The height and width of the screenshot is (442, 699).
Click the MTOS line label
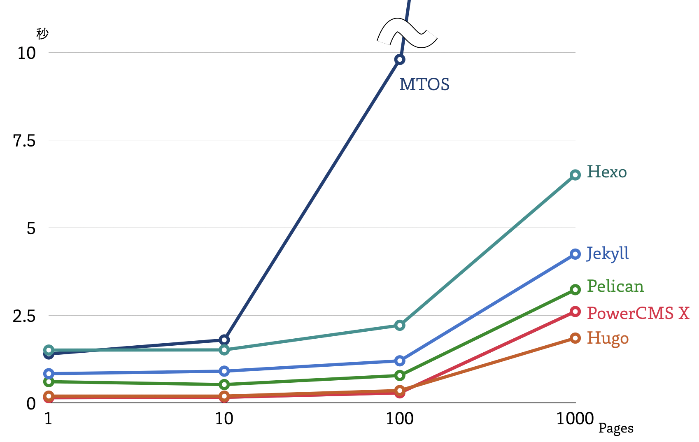(424, 84)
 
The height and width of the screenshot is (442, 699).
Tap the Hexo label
(606, 172)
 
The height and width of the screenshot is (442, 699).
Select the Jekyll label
(607, 254)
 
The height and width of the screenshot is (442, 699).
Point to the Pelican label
(615, 286)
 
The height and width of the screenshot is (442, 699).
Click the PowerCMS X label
(638, 313)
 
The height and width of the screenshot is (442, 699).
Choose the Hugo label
(608, 338)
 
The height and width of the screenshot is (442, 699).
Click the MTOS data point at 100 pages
(399, 60)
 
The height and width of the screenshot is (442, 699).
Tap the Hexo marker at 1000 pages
(575, 175)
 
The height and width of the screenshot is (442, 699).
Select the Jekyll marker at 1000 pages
(575, 254)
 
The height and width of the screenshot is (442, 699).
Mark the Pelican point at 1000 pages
(575, 289)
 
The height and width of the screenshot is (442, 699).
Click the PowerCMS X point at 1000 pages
(575, 312)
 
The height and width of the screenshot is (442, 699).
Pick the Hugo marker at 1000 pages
(575, 338)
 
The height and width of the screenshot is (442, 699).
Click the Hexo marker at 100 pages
(399, 326)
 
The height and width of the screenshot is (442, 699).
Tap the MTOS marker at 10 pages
(224, 340)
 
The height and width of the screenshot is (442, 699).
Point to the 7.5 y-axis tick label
(24, 141)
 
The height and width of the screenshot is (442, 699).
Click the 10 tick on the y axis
(26, 53)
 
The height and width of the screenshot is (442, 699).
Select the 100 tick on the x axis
(399, 419)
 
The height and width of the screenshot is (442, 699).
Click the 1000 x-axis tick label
(575, 419)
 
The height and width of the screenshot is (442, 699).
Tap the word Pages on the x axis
(615, 428)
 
